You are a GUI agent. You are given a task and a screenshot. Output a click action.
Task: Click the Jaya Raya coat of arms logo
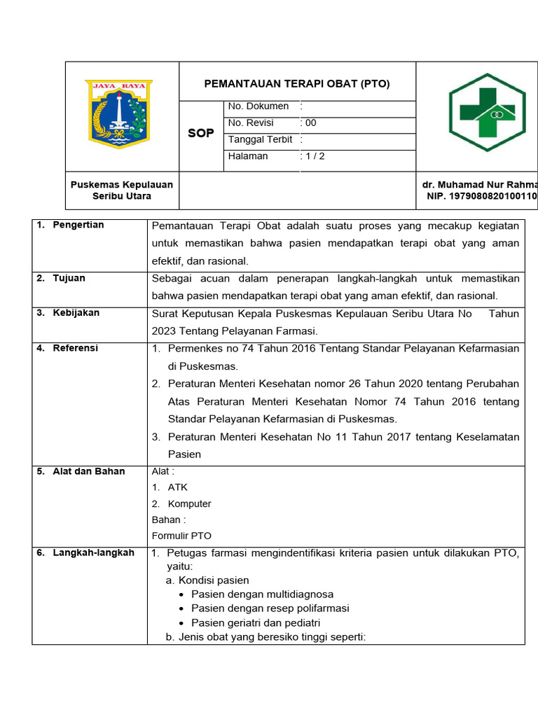(118, 114)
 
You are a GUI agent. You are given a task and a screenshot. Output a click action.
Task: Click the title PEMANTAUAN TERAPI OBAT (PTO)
(297, 84)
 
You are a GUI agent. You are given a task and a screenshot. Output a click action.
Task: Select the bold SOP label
(201, 133)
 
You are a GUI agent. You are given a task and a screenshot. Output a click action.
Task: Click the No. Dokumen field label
(258, 106)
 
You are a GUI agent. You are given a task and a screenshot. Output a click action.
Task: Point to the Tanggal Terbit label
(260, 139)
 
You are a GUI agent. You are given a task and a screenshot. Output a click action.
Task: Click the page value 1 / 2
(314, 156)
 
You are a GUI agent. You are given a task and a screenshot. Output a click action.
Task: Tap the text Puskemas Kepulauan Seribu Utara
(122, 190)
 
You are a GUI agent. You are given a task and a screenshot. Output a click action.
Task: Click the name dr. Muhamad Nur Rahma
(479, 185)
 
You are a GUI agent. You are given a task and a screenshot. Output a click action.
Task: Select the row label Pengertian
(78, 225)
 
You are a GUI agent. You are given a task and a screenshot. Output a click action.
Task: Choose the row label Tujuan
(69, 278)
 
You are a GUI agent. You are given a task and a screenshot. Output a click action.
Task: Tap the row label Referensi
(75, 348)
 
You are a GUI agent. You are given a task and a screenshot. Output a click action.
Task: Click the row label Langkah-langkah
(93, 552)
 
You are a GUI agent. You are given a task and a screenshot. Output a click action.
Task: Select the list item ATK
(177, 487)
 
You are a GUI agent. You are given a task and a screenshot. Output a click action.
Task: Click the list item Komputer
(189, 503)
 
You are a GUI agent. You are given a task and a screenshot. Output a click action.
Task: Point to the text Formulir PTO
(181, 536)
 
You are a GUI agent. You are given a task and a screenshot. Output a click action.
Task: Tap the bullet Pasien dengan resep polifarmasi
(270, 608)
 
